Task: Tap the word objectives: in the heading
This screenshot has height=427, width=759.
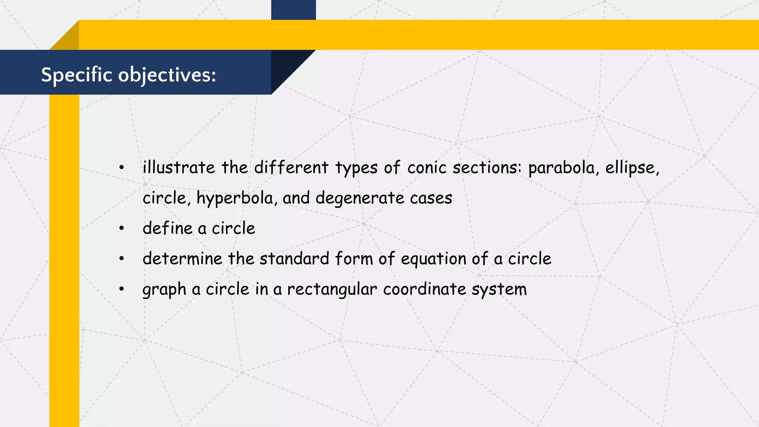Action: click(x=167, y=75)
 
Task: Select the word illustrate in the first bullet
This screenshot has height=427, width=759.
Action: click(x=179, y=168)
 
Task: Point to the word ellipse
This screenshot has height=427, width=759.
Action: click(x=632, y=168)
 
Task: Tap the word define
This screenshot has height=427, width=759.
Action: click(x=168, y=228)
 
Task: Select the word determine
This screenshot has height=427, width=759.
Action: click(x=182, y=259)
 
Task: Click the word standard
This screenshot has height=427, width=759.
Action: click(x=294, y=259)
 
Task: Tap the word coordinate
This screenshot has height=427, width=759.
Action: click(x=424, y=289)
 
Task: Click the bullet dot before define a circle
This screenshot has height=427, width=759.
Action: click(x=122, y=228)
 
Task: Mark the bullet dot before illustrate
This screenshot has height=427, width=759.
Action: click(x=122, y=168)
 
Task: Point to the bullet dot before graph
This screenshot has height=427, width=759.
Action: click(x=122, y=289)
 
